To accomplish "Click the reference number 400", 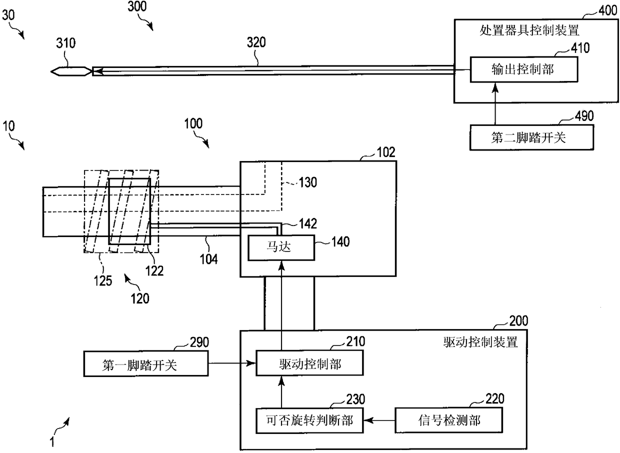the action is (607, 10).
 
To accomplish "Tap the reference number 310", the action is (66, 43).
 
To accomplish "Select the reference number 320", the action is (256, 42).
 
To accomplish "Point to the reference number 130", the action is (308, 182).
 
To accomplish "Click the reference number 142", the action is (308, 223).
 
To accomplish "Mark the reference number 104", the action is (208, 259).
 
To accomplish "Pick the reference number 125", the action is (103, 281).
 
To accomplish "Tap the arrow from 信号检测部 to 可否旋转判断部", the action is (379, 420).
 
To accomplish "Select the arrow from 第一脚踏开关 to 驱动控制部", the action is (232, 363).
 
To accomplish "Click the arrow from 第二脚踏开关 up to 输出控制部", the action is (495, 104).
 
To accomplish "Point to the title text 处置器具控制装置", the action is (529, 30).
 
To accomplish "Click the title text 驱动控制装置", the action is (480, 342).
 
